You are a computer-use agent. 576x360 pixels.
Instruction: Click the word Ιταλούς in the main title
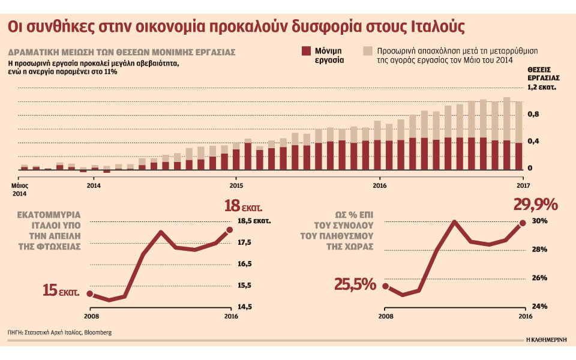click(440, 28)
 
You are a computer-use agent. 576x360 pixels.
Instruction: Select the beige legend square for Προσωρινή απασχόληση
click(367, 51)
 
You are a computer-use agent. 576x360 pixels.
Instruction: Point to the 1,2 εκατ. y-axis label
click(542, 88)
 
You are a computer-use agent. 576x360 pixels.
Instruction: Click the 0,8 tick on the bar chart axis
click(533, 114)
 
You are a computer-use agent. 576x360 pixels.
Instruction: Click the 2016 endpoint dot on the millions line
click(230, 230)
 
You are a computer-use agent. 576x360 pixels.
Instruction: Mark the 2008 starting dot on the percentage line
click(385, 286)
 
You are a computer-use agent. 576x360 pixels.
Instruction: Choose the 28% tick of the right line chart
click(538, 250)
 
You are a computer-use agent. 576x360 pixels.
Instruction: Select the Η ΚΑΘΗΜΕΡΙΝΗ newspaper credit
click(547, 338)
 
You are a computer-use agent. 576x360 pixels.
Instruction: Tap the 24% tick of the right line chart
click(538, 307)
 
